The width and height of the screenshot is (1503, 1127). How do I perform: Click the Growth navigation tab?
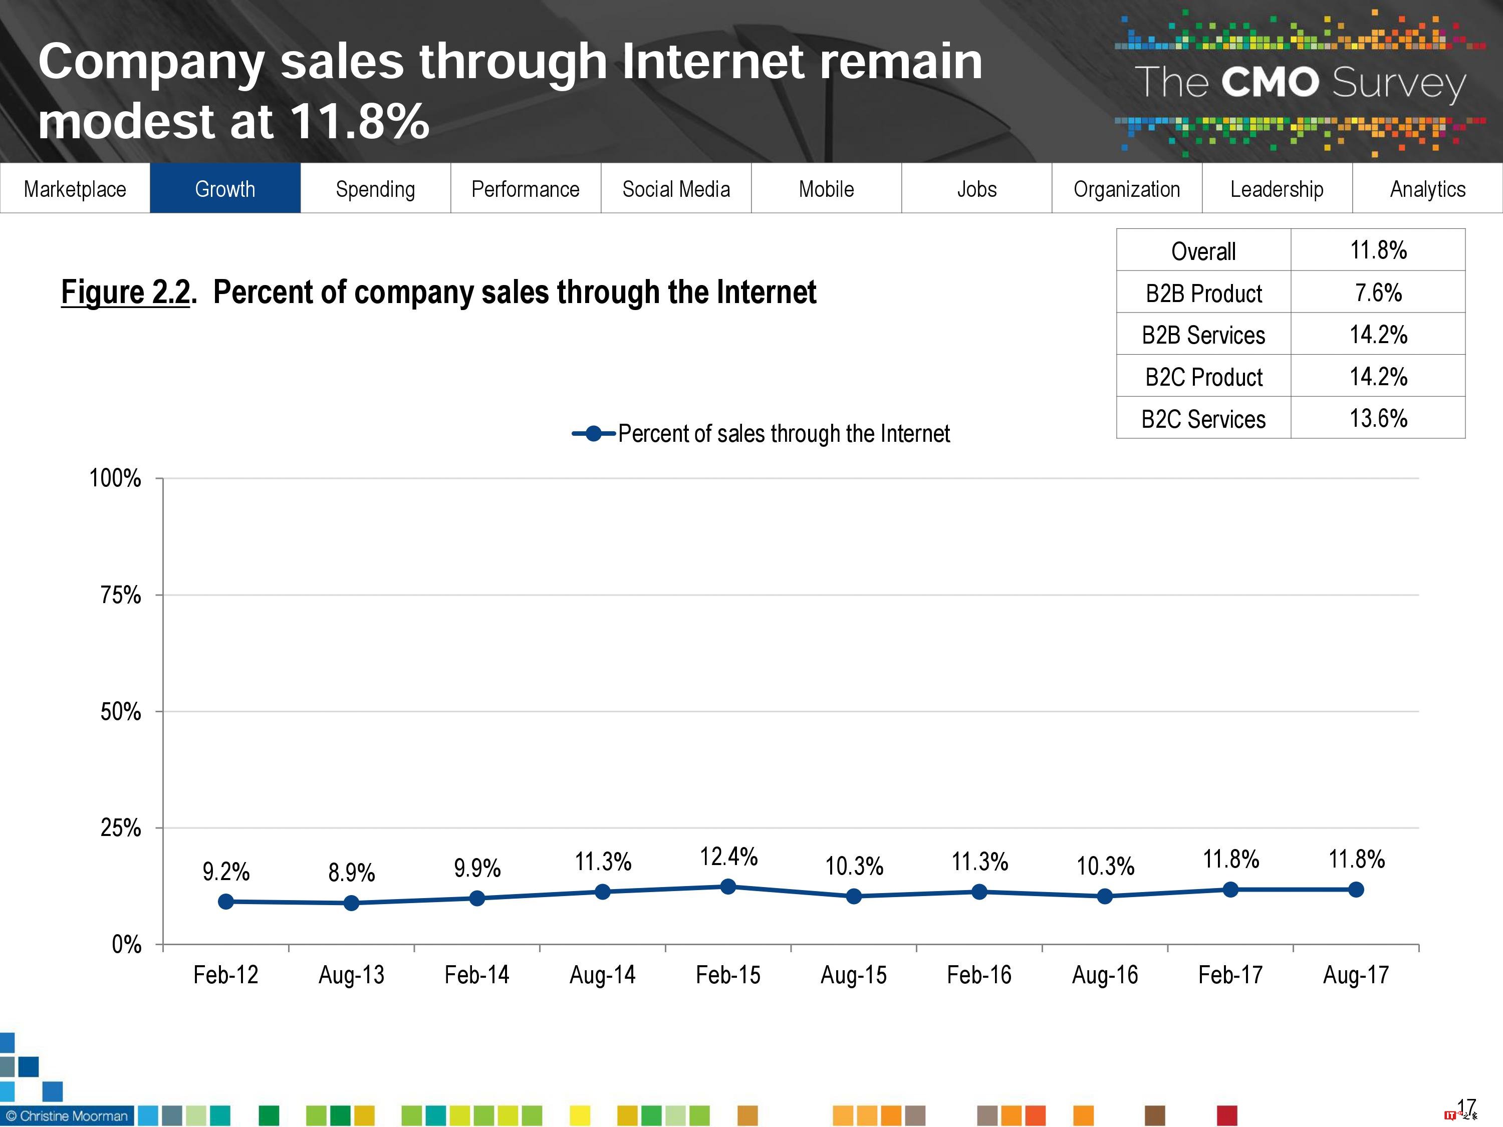(225, 188)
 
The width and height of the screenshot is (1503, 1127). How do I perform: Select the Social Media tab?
(675, 188)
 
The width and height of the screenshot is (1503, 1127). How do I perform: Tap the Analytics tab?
(1427, 188)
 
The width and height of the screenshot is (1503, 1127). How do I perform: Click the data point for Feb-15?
(728, 887)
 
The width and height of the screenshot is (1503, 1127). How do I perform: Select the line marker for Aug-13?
(351, 903)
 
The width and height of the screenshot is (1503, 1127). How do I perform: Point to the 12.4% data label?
(728, 857)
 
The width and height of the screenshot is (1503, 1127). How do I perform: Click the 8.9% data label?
(351, 872)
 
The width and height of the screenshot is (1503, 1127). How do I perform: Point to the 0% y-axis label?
(126, 944)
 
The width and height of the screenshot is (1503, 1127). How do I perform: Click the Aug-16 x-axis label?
(1105, 975)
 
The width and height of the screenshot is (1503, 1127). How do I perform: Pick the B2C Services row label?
(1203, 418)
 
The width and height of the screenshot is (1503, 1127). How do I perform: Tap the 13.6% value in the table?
(1378, 418)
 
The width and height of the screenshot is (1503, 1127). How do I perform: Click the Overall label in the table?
(1203, 250)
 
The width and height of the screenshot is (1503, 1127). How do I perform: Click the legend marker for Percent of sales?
(593, 433)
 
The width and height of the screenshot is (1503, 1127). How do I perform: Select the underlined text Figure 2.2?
(126, 292)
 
